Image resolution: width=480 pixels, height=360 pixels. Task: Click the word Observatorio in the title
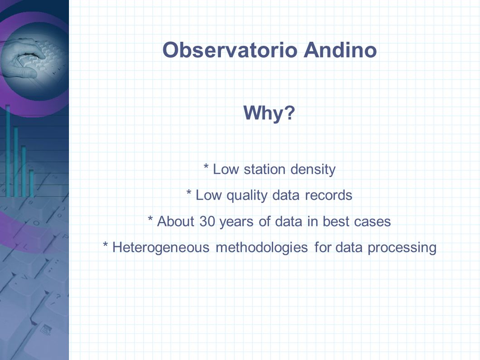[230, 49]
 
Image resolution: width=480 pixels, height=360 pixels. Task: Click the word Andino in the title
[340, 49]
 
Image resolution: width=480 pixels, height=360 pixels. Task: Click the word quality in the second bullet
[247, 196]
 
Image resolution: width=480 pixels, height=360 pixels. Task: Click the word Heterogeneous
[161, 248]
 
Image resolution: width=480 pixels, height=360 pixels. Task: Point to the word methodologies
[262, 248]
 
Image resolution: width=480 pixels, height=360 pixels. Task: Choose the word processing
[402, 248]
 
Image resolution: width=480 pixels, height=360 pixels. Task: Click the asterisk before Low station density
[206, 167]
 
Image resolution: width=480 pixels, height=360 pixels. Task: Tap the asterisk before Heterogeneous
[106, 245]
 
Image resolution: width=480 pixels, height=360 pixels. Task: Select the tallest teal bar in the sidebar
[8, 151]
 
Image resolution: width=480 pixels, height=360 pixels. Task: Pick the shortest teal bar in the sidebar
[31, 183]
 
